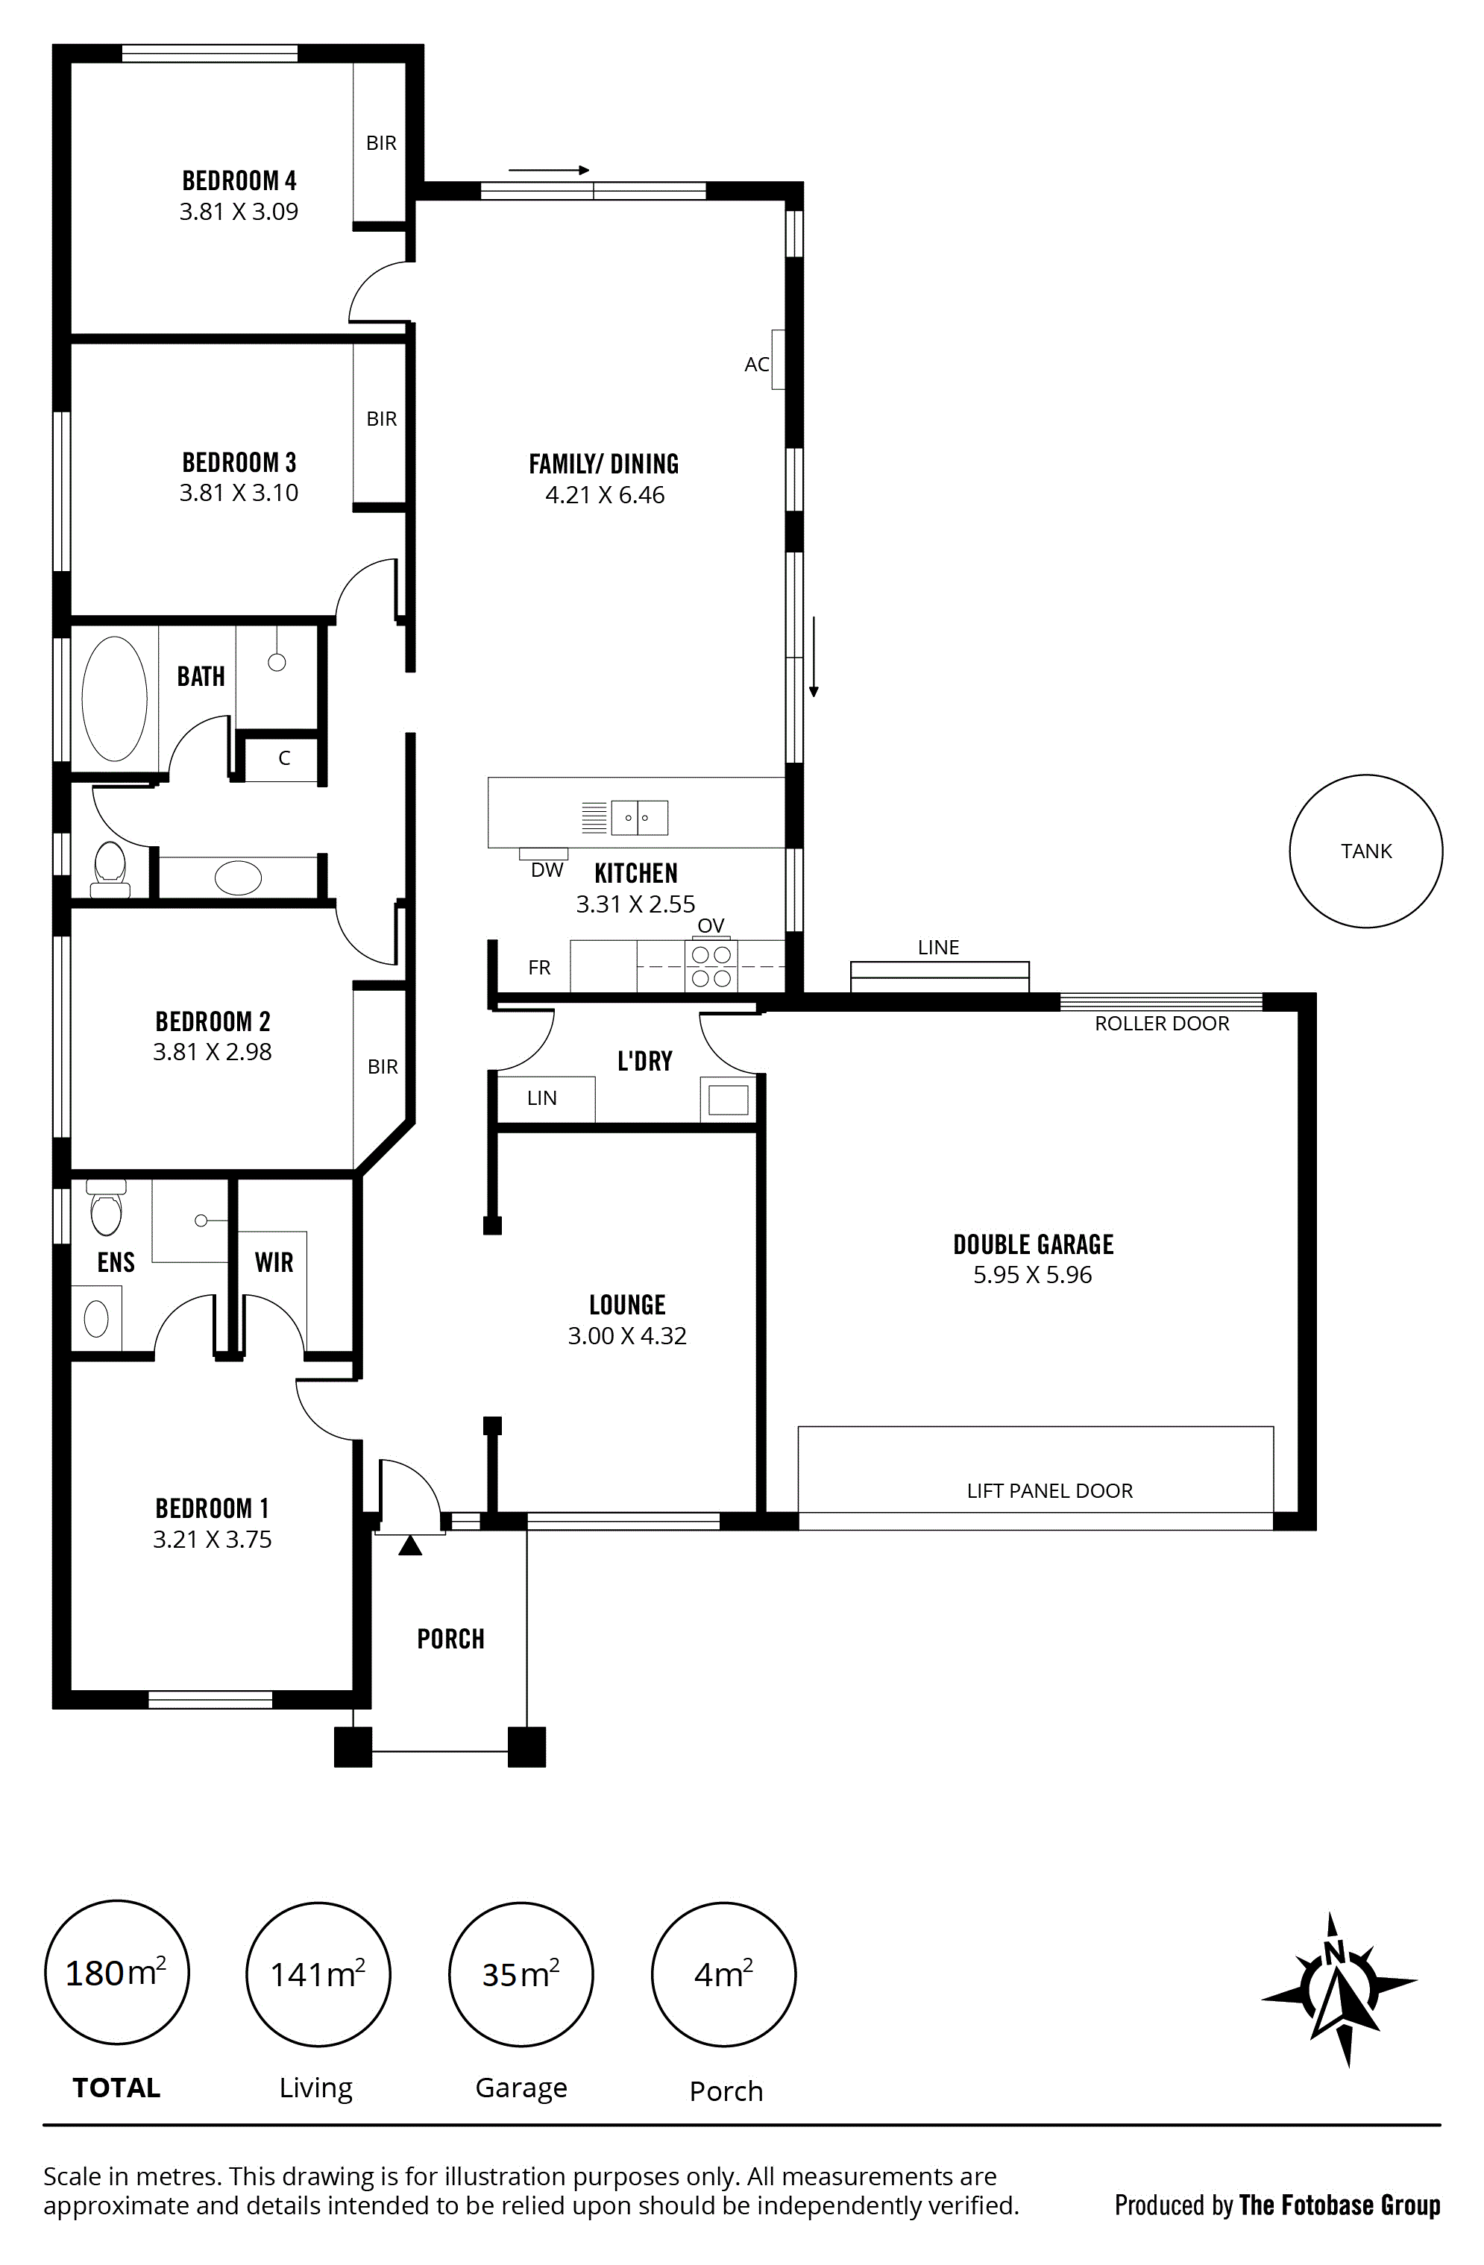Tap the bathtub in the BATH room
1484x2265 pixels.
[x=114, y=699]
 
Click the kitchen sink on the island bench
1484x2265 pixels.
[x=639, y=817]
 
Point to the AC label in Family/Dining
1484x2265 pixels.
[x=757, y=365]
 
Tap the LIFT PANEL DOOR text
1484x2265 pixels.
[x=1050, y=1490]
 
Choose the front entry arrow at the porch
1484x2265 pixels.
[x=410, y=1545]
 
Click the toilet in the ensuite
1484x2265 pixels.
[x=106, y=1207]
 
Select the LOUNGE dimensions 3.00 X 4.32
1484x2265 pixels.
[x=627, y=1335]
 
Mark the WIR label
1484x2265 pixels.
[x=274, y=1262]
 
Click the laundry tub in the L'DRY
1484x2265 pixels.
[x=728, y=1099]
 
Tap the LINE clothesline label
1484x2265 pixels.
[x=939, y=947]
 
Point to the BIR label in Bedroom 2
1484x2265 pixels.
[x=383, y=1067]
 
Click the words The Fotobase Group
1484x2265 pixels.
[x=1339, y=2205]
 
